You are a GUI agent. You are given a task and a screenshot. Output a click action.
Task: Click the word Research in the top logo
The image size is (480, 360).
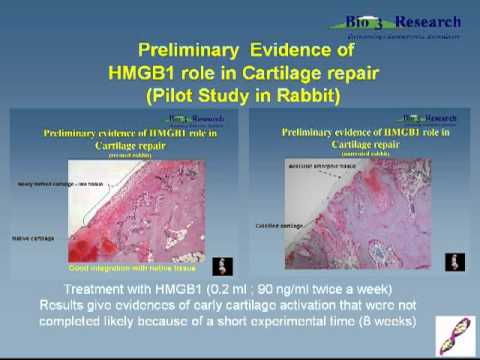tap(427, 22)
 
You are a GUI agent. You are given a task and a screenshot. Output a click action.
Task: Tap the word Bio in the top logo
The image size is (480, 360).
tap(361, 22)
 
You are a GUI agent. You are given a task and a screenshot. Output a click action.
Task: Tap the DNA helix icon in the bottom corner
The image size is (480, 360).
tap(449, 331)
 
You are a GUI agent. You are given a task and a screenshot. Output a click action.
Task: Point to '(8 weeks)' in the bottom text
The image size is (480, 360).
tap(384, 323)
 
